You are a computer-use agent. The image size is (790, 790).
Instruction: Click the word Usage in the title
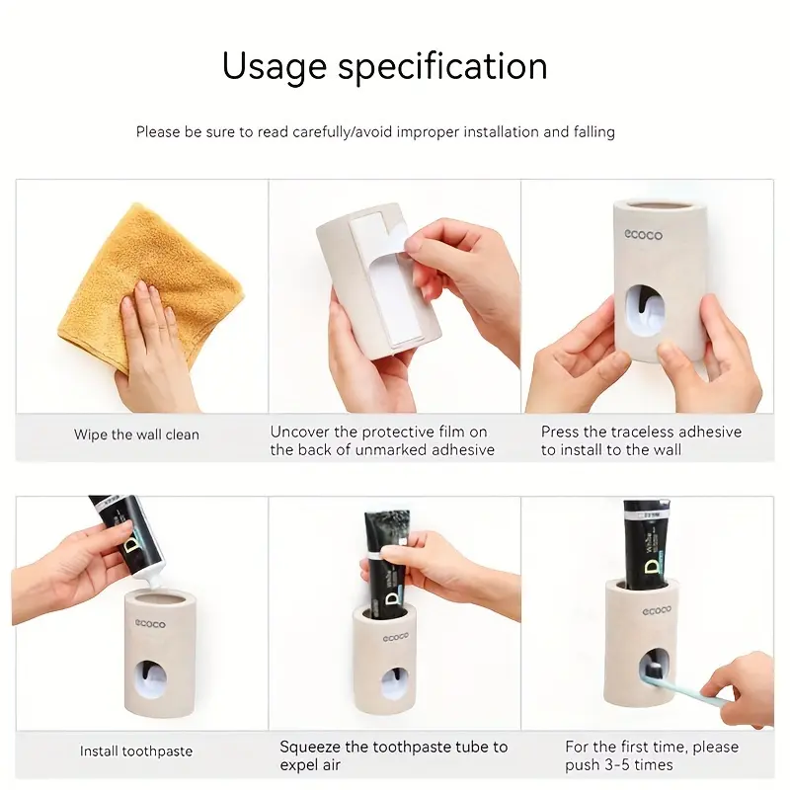click(275, 67)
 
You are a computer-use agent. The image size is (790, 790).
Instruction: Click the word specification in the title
click(442, 66)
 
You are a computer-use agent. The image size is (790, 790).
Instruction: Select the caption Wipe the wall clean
click(136, 434)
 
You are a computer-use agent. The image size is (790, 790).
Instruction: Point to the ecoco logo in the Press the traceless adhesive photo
click(644, 234)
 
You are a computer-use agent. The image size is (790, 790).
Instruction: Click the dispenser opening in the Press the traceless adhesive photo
click(646, 311)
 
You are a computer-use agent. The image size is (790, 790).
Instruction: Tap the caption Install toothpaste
click(136, 751)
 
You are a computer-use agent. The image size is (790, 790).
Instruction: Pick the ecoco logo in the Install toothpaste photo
click(150, 624)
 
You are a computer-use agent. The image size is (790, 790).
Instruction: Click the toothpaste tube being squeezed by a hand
click(387, 564)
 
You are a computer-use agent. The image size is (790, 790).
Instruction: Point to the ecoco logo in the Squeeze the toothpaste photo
click(396, 637)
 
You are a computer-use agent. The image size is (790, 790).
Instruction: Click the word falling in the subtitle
click(594, 132)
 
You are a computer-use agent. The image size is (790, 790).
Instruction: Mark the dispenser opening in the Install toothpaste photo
click(151, 681)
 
